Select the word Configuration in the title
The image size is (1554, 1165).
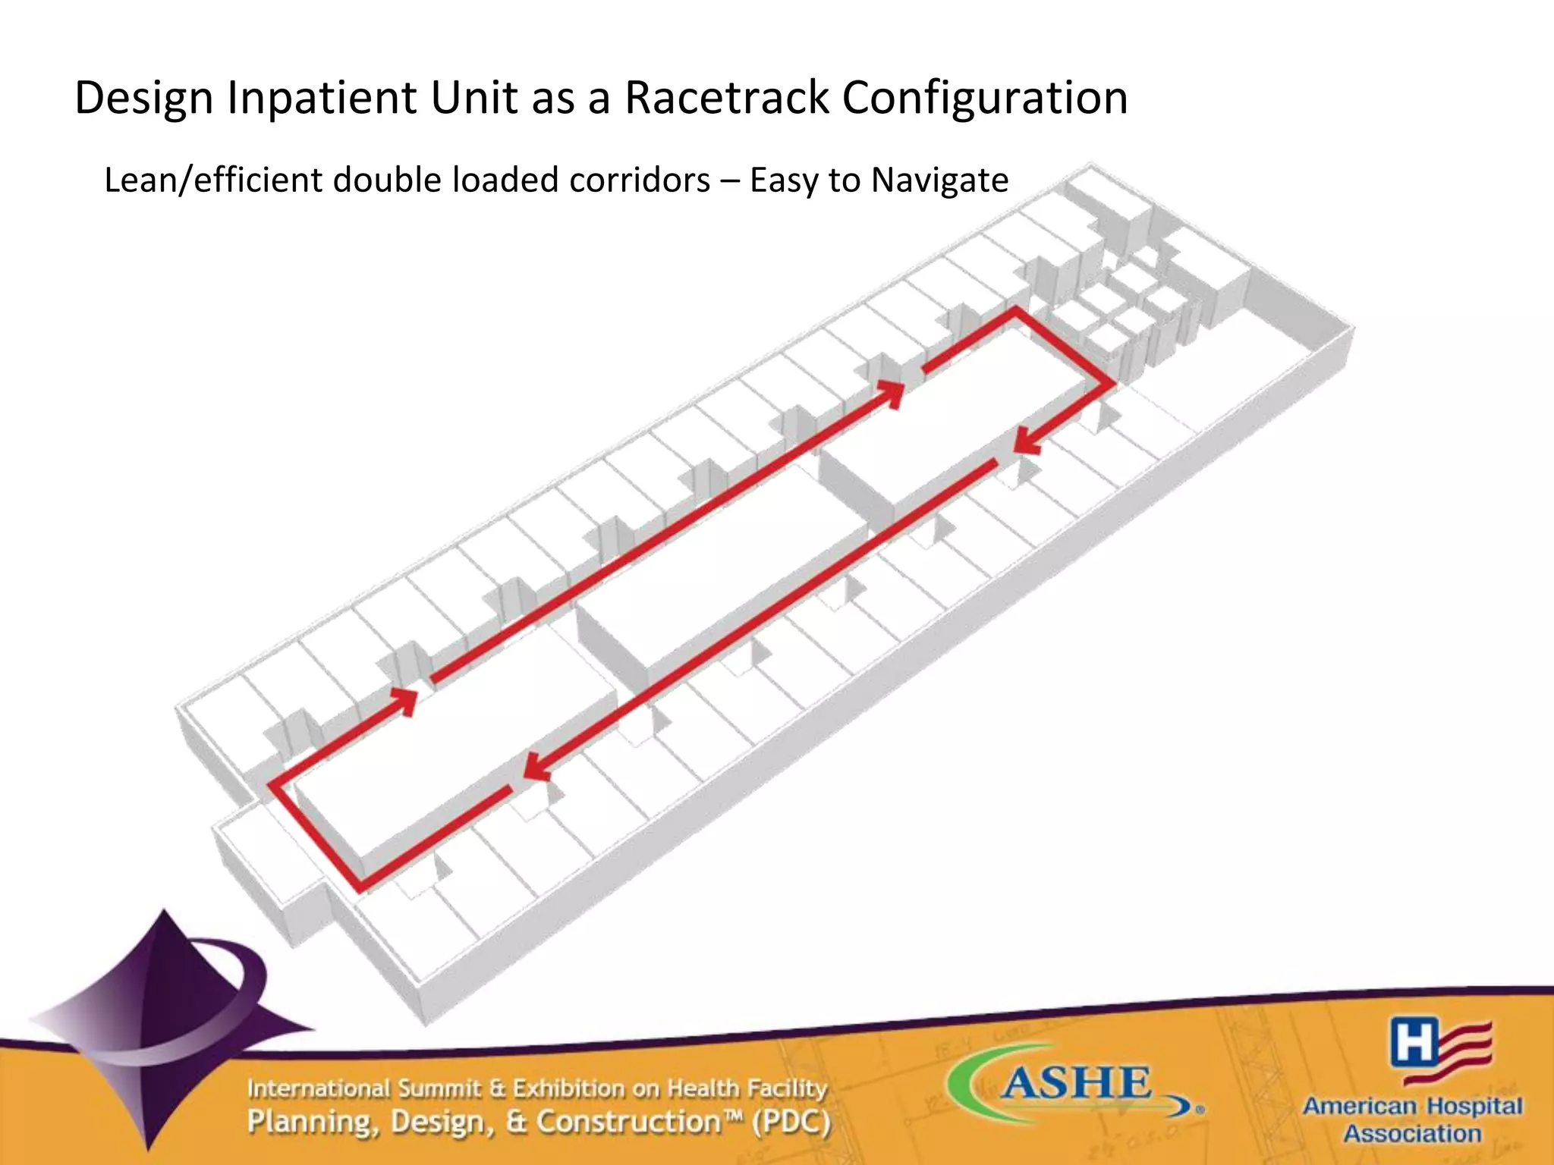tap(985, 99)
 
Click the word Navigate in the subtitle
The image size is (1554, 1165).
tap(939, 181)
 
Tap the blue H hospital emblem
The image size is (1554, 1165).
tap(1413, 1041)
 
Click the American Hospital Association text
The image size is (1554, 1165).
tap(1412, 1119)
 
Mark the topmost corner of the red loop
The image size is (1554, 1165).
tap(1015, 310)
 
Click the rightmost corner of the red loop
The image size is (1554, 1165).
tap(1112, 385)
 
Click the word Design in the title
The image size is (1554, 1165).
tap(144, 99)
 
